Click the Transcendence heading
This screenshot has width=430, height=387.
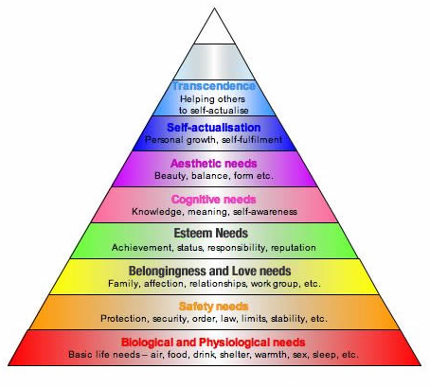coord(214,86)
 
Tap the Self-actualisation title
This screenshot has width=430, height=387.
coord(214,128)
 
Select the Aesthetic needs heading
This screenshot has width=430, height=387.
coord(214,164)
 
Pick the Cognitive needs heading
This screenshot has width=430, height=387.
coord(214,200)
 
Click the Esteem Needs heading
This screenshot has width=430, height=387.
coord(211,233)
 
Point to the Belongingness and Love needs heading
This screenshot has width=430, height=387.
coord(210,271)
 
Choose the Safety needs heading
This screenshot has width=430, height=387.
coord(214,307)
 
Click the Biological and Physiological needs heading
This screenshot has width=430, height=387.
coord(213,343)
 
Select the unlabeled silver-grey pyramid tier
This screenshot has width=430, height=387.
coord(214,62)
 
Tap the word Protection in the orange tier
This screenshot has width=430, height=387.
coord(124,319)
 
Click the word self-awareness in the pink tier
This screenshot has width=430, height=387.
coord(265,212)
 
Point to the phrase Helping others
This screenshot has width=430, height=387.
coord(212,99)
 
